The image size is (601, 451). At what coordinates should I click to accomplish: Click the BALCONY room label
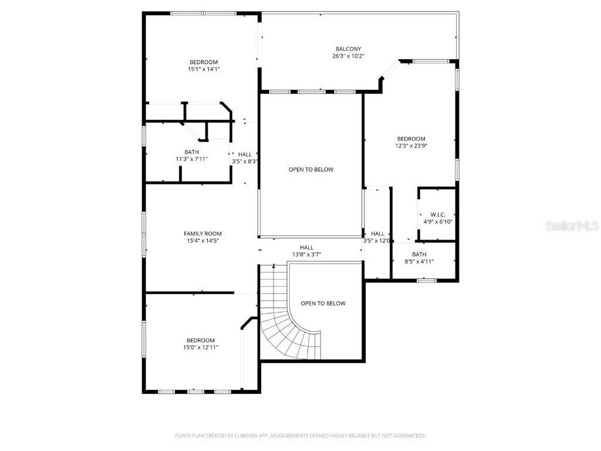[x=348, y=49]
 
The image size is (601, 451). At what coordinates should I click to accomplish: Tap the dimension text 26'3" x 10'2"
[x=348, y=56]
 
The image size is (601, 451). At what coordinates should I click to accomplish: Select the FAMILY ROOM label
[x=202, y=234]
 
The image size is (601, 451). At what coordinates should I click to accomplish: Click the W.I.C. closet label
[x=438, y=215]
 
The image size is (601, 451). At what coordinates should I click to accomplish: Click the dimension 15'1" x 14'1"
[x=203, y=69]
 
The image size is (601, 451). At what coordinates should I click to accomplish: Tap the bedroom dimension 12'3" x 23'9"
[x=411, y=146]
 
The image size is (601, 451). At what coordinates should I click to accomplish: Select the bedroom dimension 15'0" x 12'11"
[x=201, y=347]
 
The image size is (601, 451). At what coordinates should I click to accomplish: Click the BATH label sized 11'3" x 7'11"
[x=191, y=152]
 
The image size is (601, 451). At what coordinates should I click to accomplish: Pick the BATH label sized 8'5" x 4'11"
[x=419, y=254]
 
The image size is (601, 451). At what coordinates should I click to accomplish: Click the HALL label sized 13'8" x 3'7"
[x=306, y=248]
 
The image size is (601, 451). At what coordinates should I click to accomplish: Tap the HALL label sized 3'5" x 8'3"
[x=245, y=154]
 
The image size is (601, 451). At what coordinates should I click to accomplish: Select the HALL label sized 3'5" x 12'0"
[x=377, y=234]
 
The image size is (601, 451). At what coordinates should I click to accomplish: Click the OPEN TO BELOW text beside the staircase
[x=323, y=304]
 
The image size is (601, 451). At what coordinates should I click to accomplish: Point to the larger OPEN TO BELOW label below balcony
[x=310, y=170]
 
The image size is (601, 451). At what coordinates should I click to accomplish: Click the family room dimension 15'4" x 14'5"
[x=202, y=241]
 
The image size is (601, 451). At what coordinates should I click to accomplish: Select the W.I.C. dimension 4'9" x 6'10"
[x=438, y=222]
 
